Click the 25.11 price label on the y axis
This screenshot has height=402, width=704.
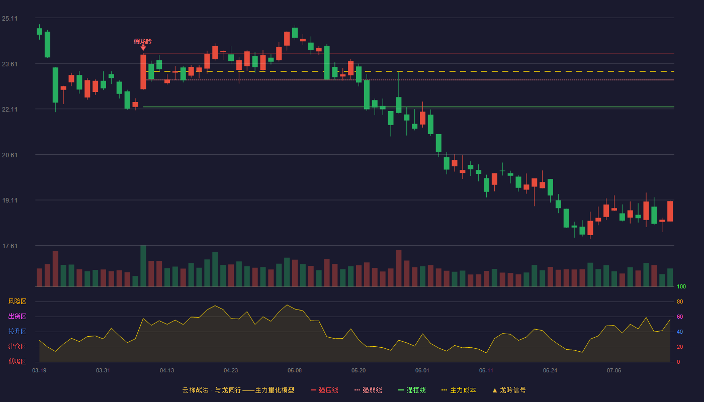pos(10,19)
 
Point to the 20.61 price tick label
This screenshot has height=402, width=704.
pos(10,155)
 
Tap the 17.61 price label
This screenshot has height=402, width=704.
pos(10,246)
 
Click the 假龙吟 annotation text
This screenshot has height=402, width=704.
pos(143,41)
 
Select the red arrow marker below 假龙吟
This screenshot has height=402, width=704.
pos(143,48)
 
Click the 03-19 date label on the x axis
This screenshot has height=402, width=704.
pos(39,371)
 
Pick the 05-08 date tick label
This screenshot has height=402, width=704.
pos(295,371)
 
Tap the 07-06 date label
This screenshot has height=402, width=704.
pos(614,371)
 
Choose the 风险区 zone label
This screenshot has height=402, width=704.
pos(17,301)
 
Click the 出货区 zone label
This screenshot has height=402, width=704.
pos(17,316)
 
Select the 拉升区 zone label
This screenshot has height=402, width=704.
pos(17,331)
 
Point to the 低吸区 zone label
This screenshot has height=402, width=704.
pos(17,361)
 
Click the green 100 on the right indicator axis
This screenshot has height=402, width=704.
pos(681,286)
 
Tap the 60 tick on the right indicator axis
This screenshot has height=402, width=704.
pos(680,317)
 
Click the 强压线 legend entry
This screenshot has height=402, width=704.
pos(325,390)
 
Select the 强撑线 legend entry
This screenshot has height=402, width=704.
pos(412,390)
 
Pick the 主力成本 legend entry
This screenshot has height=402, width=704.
pos(459,390)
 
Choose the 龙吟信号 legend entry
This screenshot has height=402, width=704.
pos(509,390)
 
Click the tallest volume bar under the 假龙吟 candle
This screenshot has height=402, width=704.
pos(143,266)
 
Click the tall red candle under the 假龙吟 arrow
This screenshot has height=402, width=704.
pos(143,72)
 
